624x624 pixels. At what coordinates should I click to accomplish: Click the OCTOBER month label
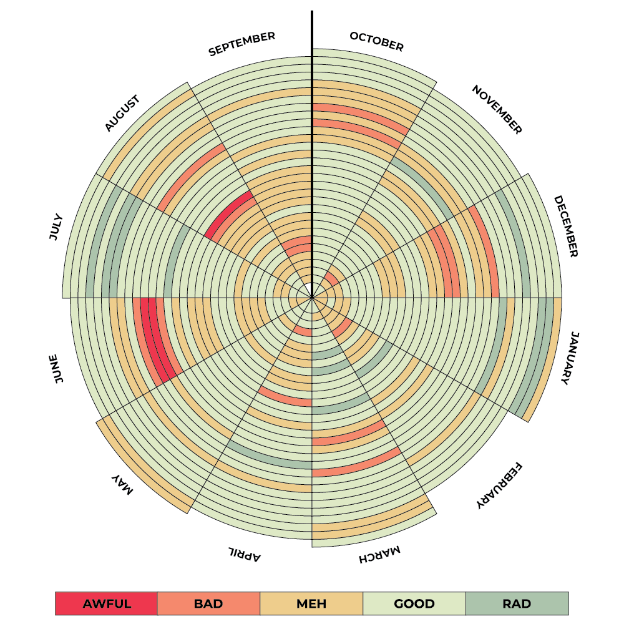click(376, 41)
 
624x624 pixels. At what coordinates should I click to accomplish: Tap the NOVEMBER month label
click(497, 110)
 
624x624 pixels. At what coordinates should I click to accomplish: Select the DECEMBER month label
click(567, 227)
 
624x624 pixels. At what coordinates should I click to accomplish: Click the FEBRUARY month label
click(499, 486)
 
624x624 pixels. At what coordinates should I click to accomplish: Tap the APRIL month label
click(243, 553)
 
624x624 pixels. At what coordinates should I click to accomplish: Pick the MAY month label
click(123, 484)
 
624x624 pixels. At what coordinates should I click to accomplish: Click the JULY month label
click(56, 227)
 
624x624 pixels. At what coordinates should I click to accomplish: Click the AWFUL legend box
click(106, 603)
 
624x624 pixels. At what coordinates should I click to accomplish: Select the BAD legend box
click(208, 603)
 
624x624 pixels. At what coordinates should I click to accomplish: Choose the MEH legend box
click(311, 603)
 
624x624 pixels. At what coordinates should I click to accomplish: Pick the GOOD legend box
click(414, 603)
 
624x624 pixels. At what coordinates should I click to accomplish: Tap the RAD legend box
click(517, 603)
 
